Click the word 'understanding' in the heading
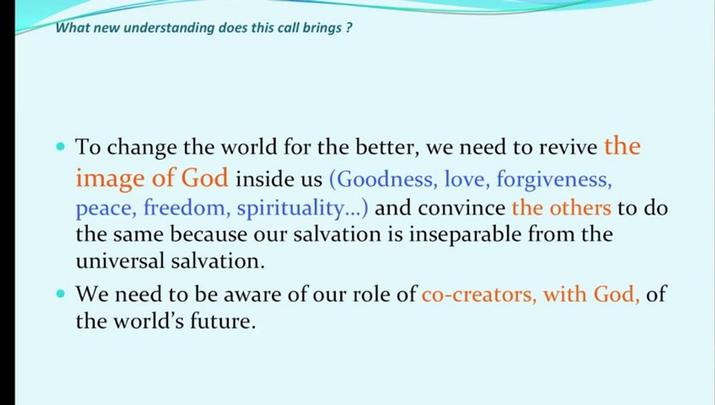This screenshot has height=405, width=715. (169, 28)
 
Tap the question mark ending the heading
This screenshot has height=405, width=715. (349, 28)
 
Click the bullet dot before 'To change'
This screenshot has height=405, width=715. (60, 147)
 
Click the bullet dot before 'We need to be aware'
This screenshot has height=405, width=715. (60, 294)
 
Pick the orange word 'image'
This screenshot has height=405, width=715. (110, 179)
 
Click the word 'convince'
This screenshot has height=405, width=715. (461, 208)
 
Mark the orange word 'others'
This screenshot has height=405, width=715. (580, 208)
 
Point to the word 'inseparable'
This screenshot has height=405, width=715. (465, 235)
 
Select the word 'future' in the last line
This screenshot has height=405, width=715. (223, 321)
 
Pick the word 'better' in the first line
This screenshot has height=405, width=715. (387, 147)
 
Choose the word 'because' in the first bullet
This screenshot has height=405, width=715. (209, 235)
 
